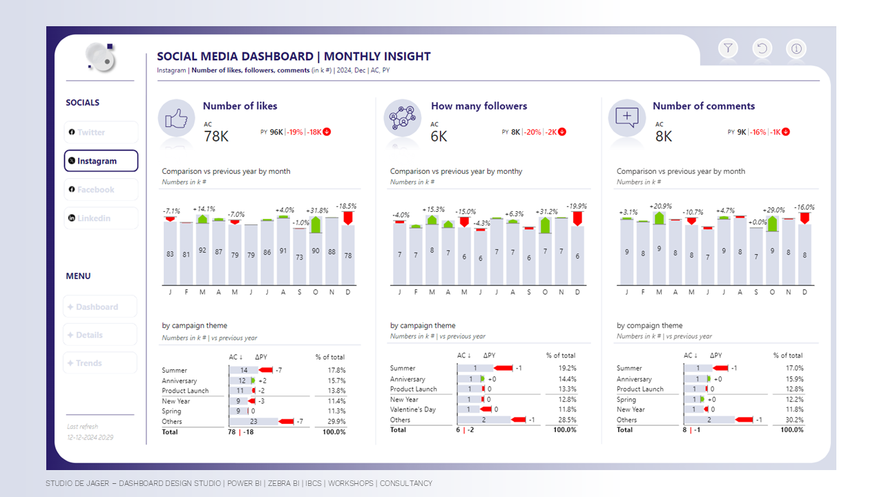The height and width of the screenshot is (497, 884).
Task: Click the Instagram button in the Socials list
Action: point(101,161)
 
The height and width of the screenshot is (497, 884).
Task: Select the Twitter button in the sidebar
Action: point(101,132)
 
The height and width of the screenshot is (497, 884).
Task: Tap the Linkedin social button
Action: point(101,218)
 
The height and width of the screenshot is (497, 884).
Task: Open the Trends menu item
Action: point(100,363)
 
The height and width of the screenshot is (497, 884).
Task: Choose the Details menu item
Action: point(100,335)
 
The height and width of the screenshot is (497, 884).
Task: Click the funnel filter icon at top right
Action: point(728,48)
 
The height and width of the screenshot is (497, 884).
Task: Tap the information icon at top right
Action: point(796,48)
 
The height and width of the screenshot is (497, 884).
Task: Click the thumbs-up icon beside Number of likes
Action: point(177,119)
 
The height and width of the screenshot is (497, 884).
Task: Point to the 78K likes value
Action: point(216,137)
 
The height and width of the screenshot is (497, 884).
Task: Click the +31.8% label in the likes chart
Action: point(317,211)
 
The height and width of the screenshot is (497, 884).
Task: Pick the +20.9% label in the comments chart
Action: point(660,206)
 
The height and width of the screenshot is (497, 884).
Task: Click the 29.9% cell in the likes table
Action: point(336,422)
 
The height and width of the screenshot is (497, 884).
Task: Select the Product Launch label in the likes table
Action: point(185,391)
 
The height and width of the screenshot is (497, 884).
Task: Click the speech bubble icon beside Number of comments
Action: point(627,117)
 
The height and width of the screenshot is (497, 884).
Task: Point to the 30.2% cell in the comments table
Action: point(794,420)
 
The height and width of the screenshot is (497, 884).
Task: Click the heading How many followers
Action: point(479,106)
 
